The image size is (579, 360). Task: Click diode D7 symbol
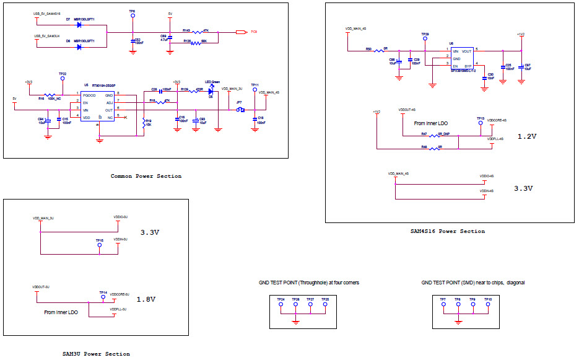pyautogui.click(x=80, y=25)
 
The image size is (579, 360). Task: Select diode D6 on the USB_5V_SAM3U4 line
pyautogui.click(x=80, y=46)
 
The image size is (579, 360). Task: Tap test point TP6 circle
pyautogui.click(x=133, y=17)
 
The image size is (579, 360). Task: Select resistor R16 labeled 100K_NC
pyautogui.click(x=50, y=93)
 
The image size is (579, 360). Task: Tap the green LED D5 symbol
pyautogui.click(x=211, y=90)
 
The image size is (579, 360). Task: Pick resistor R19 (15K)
pyautogui.click(x=144, y=122)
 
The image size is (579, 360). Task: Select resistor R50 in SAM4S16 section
pyautogui.click(x=377, y=51)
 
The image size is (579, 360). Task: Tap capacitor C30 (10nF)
pyautogui.click(x=485, y=71)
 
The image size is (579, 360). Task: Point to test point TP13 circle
pyautogui.click(x=481, y=123)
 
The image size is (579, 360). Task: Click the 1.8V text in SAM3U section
pyautogui.click(x=147, y=299)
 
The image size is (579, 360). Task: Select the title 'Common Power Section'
pyautogui.click(x=146, y=176)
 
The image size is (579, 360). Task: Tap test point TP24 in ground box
pyautogui.click(x=281, y=304)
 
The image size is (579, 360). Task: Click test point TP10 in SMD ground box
pyautogui.click(x=488, y=304)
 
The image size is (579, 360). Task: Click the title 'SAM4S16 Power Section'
pyautogui.click(x=447, y=231)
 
